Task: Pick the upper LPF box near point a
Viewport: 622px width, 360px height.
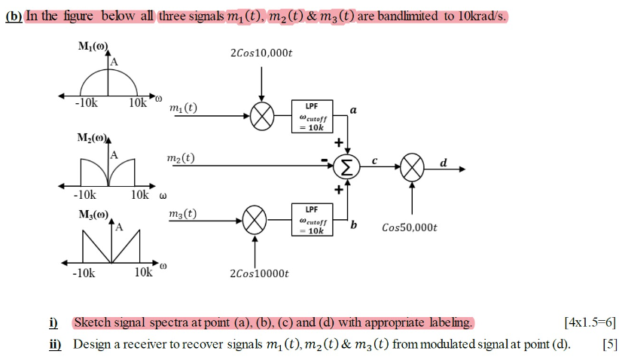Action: coord(312,117)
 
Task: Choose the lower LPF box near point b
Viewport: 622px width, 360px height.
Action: coord(312,220)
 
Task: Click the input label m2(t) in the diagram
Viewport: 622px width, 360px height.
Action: coord(181,158)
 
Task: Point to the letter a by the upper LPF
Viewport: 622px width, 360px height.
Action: coord(353,110)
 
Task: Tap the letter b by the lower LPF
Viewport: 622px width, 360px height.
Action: coord(353,224)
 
